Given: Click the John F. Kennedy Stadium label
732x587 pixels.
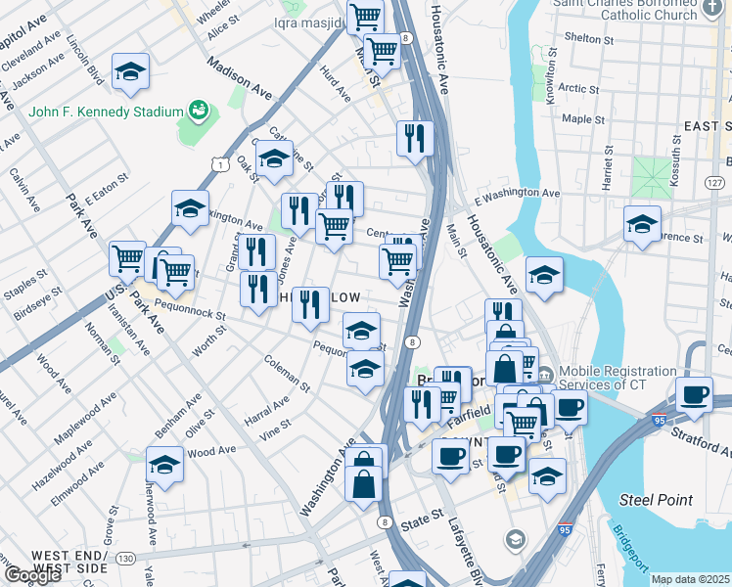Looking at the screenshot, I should (x=107, y=111).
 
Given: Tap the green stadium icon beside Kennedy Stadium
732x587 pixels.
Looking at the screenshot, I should (x=199, y=111).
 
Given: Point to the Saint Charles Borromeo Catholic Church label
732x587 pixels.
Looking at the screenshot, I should (x=623, y=9).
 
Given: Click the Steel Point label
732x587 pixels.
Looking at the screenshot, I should (x=655, y=500).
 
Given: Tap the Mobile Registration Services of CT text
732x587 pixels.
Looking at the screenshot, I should (x=618, y=379).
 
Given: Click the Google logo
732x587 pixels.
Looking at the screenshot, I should (x=31, y=575).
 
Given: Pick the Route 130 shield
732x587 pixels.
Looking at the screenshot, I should (x=125, y=558).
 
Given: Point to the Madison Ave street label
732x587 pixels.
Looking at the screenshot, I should (x=239, y=76).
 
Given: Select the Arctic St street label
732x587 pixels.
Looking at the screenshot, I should (x=579, y=88).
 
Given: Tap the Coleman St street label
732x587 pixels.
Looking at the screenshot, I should (x=287, y=374).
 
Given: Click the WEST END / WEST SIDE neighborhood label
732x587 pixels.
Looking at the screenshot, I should (x=69, y=562).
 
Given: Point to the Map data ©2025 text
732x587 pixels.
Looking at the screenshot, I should (x=690, y=579).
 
